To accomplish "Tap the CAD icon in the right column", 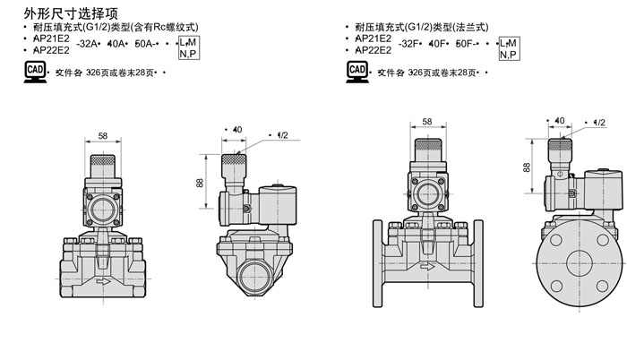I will click(x=356, y=71).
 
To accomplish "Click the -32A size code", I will click(x=90, y=43).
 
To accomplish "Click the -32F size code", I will click(x=411, y=43).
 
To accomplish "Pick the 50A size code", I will click(x=142, y=43).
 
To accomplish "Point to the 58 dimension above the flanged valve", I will click(x=427, y=122).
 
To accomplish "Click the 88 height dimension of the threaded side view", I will click(x=198, y=182).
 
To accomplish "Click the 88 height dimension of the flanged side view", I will click(x=526, y=167).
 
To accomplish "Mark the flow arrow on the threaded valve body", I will click(x=106, y=281).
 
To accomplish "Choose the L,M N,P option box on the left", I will click(x=188, y=48).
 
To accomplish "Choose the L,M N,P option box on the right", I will click(x=508, y=48).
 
